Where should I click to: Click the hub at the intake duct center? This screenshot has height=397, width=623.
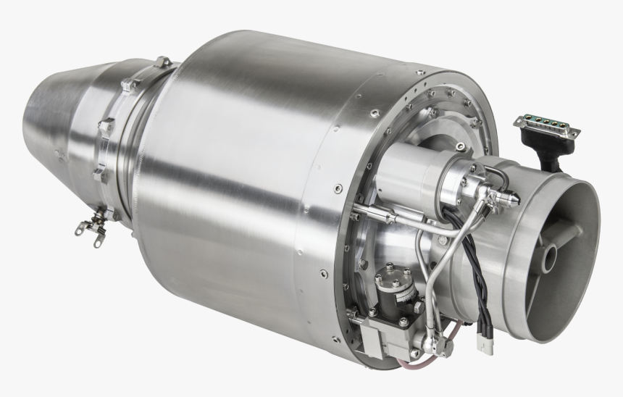click(553, 255)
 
